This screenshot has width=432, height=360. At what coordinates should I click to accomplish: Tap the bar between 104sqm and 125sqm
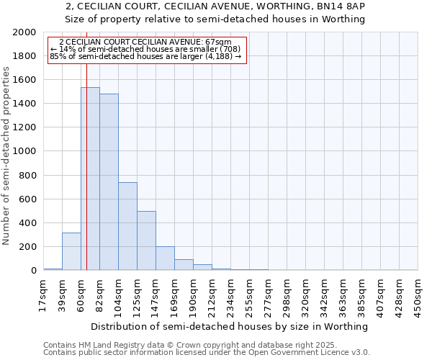tap(127, 226)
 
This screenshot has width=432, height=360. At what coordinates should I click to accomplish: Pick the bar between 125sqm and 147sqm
tap(146, 240)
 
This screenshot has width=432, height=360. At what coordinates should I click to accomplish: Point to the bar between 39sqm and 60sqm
tap(71, 251)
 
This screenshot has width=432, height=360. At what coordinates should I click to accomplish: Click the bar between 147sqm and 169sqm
tap(165, 258)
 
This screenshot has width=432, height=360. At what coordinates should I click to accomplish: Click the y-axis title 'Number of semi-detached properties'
tap(6, 156)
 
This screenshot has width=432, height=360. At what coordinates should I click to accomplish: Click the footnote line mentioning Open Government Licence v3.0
tap(207, 353)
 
